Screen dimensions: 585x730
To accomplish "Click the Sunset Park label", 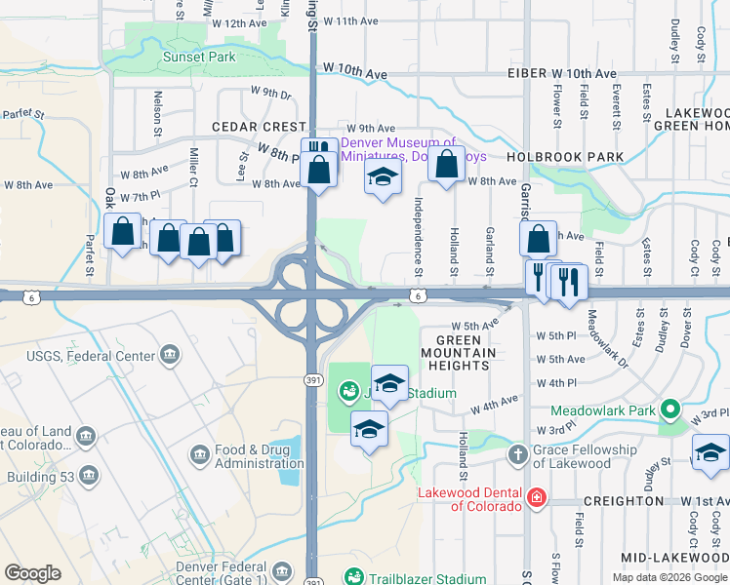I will point(198,57).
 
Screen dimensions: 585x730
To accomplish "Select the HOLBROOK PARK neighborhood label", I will point(564,156).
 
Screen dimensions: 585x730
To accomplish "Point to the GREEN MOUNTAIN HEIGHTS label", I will point(459,352).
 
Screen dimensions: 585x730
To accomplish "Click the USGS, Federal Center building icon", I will point(171,354).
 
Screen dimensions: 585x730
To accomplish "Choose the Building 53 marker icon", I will point(89,476).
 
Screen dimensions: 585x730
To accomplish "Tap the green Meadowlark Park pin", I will point(669,409).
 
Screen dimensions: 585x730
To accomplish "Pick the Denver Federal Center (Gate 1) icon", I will point(282,570).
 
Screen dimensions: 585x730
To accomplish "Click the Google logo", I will point(33,573).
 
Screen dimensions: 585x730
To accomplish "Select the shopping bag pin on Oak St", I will point(122,232).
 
